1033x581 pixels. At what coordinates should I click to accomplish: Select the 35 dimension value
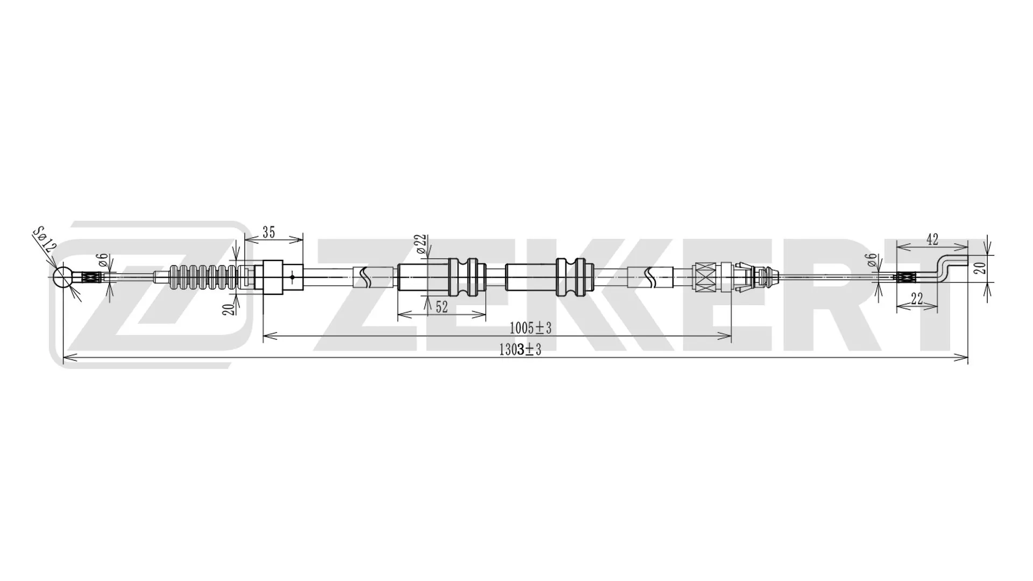pos(268,232)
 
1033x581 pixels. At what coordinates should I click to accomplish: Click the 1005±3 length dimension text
pos(530,328)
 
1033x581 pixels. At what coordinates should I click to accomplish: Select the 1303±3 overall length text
pos(520,350)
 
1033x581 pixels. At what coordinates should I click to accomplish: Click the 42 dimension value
pos(932,239)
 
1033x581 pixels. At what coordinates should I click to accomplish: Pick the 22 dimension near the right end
pos(917,300)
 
